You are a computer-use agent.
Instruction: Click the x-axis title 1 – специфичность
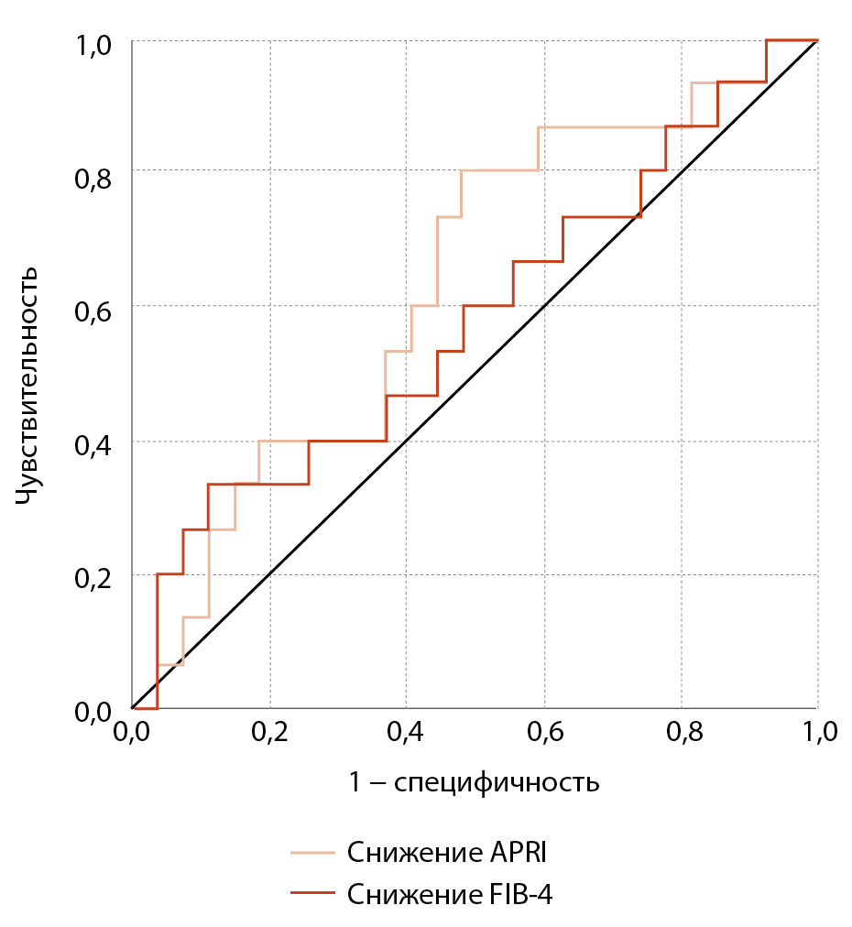(474, 782)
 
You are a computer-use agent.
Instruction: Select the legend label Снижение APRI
(447, 853)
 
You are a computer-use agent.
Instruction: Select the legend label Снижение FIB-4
(450, 892)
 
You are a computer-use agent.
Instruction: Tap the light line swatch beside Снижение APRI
(312, 853)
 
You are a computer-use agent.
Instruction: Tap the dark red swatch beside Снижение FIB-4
(312, 892)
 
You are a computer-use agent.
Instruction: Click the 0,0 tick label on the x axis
(133, 733)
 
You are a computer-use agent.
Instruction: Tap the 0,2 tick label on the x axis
(270, 733)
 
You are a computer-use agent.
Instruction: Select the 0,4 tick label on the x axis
(407, 733)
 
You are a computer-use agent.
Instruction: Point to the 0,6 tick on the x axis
(544, 733)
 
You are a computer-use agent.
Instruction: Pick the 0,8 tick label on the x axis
(682, 733)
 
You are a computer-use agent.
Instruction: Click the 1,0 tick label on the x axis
(817, 733)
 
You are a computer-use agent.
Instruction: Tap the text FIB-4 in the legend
(519, 892)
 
